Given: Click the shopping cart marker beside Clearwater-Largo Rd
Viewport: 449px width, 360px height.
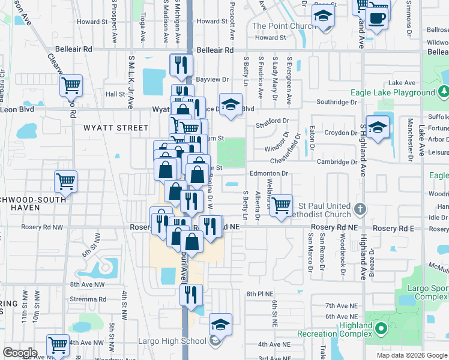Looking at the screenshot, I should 71,86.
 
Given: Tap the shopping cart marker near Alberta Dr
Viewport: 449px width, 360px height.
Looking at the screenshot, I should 281,205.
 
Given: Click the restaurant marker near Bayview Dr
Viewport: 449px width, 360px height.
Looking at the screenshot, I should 181,64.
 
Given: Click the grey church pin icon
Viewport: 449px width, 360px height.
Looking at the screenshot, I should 360,209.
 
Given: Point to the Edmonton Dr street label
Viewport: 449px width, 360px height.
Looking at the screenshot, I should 270,173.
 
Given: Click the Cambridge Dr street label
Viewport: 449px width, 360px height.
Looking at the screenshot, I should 337,162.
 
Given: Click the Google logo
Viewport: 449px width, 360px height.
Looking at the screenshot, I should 20,353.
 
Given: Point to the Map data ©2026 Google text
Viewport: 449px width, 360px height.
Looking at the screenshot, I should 411,355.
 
